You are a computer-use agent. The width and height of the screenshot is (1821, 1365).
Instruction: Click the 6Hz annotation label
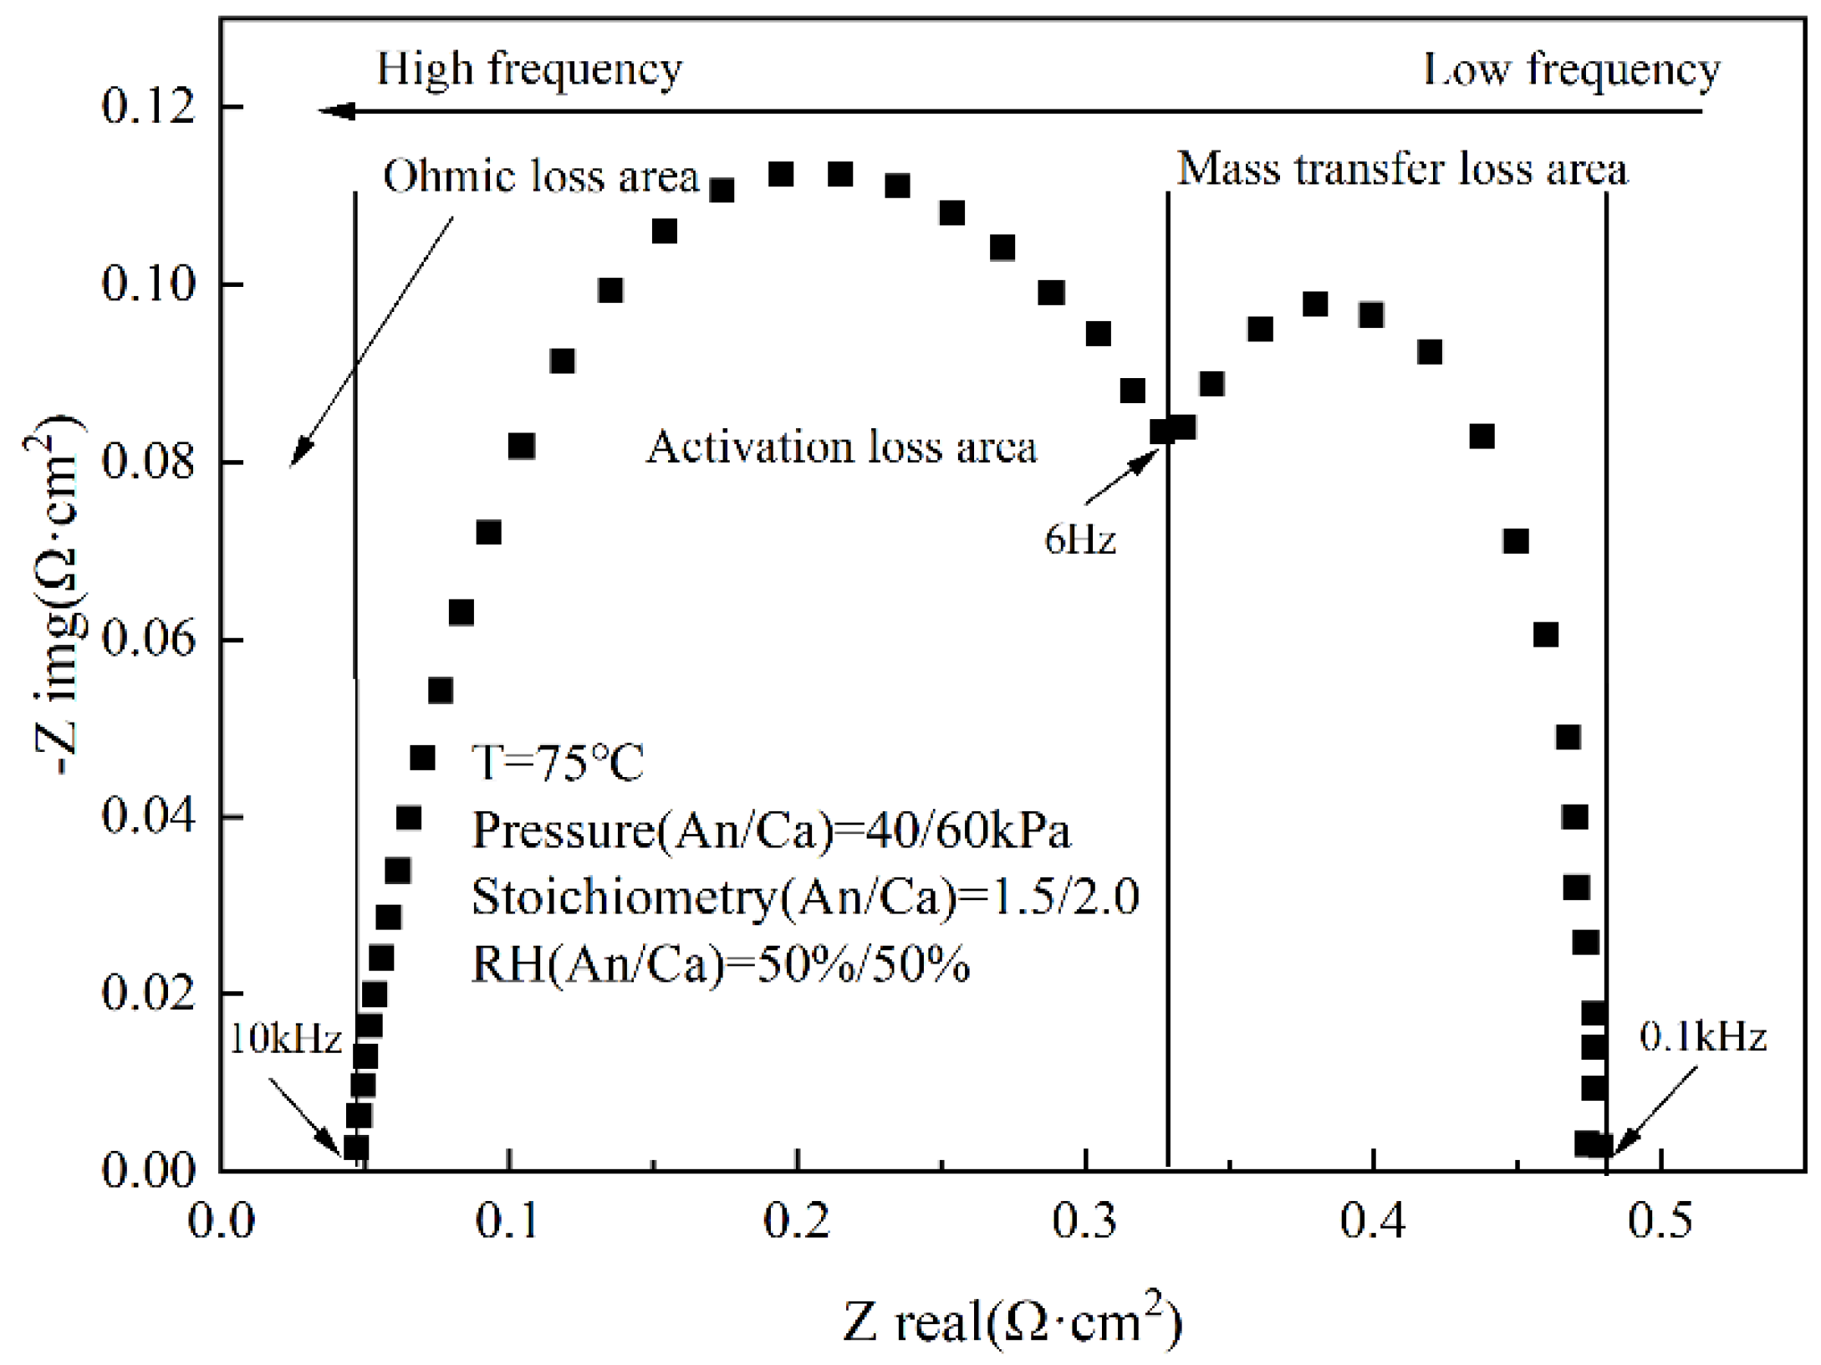pos(1079,540)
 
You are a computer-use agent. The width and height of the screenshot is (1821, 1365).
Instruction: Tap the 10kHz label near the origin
pos(286,1040)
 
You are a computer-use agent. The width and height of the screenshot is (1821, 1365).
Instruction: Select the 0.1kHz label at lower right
pos(1702,1037)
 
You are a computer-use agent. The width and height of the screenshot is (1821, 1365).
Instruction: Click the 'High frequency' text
pos(529,69)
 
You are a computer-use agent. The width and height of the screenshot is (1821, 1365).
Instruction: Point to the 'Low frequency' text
pos(1571,70)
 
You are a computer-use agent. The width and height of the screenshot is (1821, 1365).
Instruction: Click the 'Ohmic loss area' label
pos(540,176)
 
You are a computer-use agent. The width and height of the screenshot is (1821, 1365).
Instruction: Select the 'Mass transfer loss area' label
pos(1402,170)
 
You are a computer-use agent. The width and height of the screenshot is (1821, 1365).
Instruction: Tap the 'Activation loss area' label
pos(841,447)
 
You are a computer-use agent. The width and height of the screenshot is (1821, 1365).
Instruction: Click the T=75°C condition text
pos(558,762)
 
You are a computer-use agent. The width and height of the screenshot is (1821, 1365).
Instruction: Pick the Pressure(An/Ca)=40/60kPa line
pos(771,831)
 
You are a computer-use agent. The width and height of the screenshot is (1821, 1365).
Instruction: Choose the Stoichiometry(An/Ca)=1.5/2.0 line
pos(805,897)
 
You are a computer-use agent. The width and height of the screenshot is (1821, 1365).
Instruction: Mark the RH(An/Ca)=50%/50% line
pos(721,964)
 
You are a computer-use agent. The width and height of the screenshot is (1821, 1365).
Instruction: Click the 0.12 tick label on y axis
pos(148,107)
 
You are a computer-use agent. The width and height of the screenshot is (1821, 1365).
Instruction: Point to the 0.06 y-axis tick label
pos(148,639)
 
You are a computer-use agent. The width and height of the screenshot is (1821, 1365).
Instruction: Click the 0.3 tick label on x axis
pos(1084,1222)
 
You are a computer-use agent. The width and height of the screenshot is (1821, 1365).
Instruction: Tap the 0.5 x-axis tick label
pos(1660,1222)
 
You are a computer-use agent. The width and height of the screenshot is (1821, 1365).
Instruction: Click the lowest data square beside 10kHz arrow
pos(356,1148)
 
